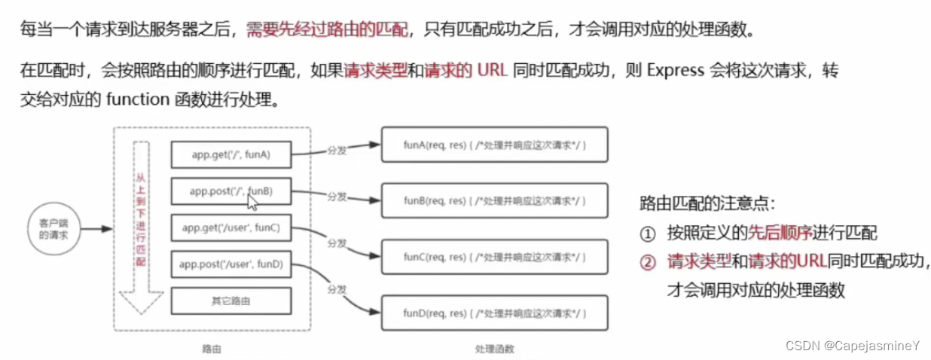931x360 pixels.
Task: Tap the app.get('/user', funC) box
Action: coord(231,227)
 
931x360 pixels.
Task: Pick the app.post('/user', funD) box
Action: coord(231,264)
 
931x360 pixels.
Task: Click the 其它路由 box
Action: coord(230,301)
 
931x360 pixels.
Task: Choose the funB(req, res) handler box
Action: coord(494,202)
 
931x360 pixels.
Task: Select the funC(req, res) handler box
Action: coord(494,258)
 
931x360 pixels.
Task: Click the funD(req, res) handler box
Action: coord(494,313)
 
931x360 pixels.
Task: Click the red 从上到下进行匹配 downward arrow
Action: coord(141,226)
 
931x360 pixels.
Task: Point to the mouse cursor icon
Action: coord(252,201)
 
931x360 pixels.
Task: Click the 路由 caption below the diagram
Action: coord(211,349)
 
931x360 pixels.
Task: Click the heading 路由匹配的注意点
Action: coord(706,204)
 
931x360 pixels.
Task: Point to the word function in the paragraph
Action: coord(133,100)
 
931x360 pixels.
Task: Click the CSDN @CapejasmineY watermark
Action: coord(852,346)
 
